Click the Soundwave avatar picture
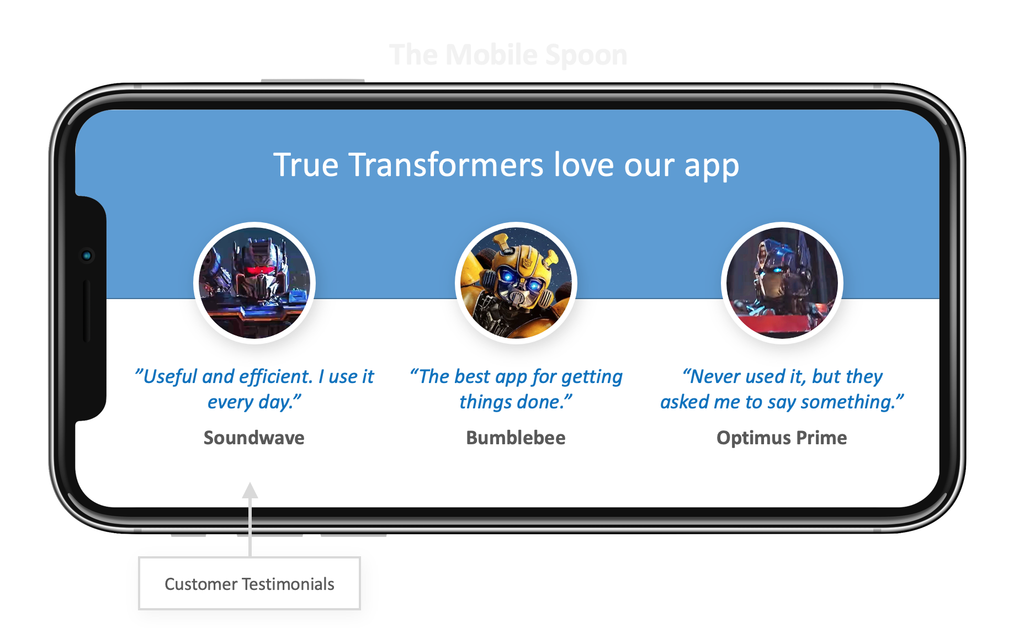tap(254, 283)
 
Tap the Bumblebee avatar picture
tap(516, 283)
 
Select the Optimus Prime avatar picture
tap(782, 283)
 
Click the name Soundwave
tap(254, 438)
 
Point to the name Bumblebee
tap(516, 438)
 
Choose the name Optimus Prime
tap(782, 438)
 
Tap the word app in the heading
tap(712, 166)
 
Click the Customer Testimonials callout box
tap(250, 583)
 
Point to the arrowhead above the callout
tap(250, 491)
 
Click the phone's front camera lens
tap(87, 256)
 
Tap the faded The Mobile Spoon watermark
tap(508, 55)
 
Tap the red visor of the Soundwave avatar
tap(259, 270)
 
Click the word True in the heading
tap(306, 165)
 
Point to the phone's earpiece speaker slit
tap(86, 311)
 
